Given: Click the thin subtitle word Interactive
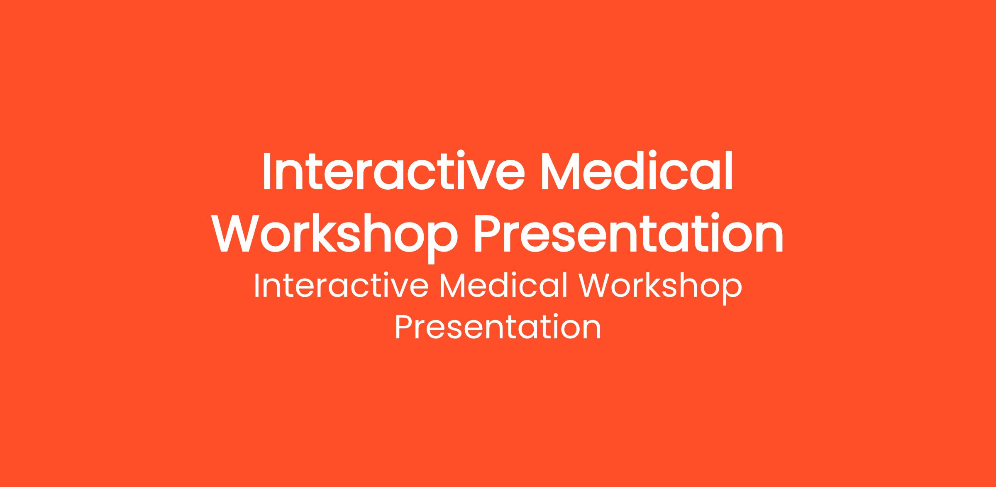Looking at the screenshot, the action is click(x=341, y=286).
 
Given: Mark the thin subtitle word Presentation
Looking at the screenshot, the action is click(x=498, y=327).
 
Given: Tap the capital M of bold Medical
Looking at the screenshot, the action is click(x=564, y=171).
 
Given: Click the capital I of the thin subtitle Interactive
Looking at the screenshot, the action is click(x=256, y=286).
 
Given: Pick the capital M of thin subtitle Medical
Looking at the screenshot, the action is click(x=454, y=286).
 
